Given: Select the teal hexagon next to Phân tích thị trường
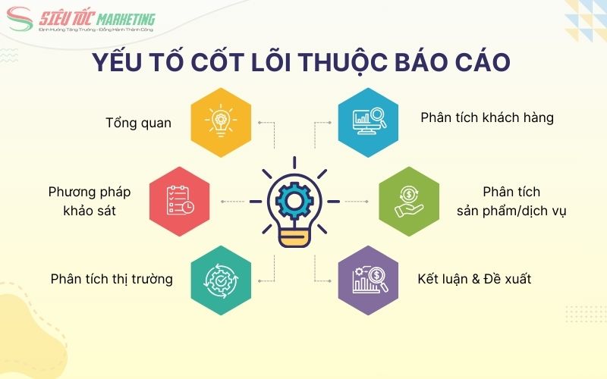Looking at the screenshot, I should (221, 279).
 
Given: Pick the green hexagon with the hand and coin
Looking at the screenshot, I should (410, 201).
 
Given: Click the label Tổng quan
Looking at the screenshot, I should (139, 123).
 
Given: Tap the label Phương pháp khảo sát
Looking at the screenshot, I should (82, 201).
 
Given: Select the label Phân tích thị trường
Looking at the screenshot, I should (112, 279).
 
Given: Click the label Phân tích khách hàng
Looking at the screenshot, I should (486, 118).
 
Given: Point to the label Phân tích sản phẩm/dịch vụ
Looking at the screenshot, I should (511, 201).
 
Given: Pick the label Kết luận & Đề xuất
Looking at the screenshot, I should (473, 279).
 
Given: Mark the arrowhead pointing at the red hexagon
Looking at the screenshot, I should (222, 201).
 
